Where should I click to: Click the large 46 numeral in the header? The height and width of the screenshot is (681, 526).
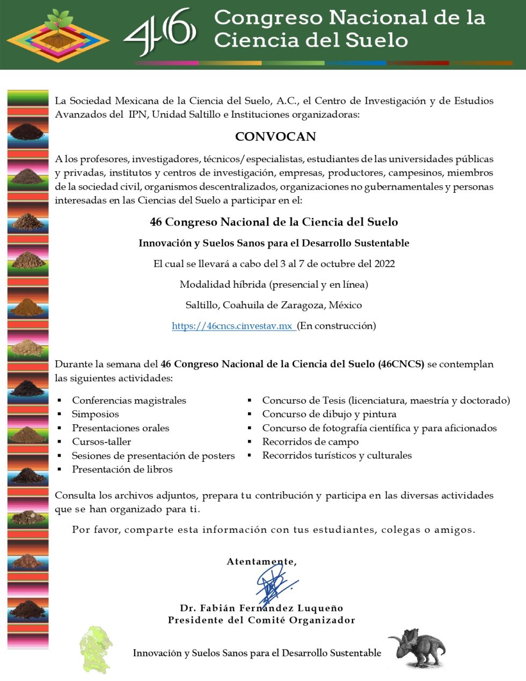point(160,32)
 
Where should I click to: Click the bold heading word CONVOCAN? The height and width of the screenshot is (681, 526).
point(275,136)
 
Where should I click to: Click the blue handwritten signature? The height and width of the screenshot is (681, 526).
point(275,584)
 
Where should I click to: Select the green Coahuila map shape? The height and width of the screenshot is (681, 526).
point(96,649)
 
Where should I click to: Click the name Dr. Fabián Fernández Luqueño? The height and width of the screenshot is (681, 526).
point(261,608)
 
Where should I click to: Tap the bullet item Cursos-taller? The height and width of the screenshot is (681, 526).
point(101,441)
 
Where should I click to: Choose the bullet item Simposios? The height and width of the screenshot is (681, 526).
point(96,414)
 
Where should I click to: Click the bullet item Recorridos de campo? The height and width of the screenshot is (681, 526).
point(310,441)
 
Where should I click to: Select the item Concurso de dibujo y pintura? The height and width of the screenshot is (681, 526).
point(329,414)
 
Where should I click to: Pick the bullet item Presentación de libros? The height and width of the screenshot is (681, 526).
point(122,469)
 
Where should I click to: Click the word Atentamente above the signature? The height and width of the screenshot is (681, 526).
point(261,561)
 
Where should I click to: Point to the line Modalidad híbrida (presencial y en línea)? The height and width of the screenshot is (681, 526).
point(274,284)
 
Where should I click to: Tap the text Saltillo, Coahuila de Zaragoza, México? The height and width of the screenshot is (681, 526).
point(274,305)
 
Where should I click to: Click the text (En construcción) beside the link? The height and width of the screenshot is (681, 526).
point(337,325)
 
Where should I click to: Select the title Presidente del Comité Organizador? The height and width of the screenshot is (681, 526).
point(261,620)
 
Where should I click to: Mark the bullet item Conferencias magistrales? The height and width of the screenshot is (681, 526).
point(129,400)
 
